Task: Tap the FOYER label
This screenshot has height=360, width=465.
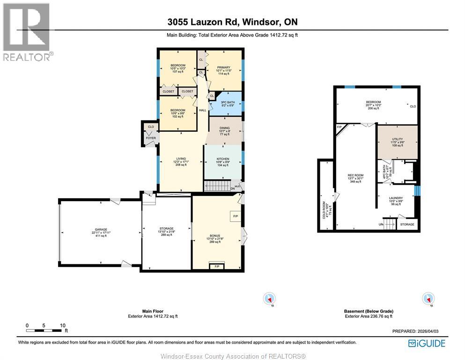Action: pos(150,138)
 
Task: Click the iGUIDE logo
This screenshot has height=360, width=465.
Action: pos(427,343)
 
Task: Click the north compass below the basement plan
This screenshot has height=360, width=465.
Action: pos(427,298)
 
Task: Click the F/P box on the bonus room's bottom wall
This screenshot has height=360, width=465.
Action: pos(216,266)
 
